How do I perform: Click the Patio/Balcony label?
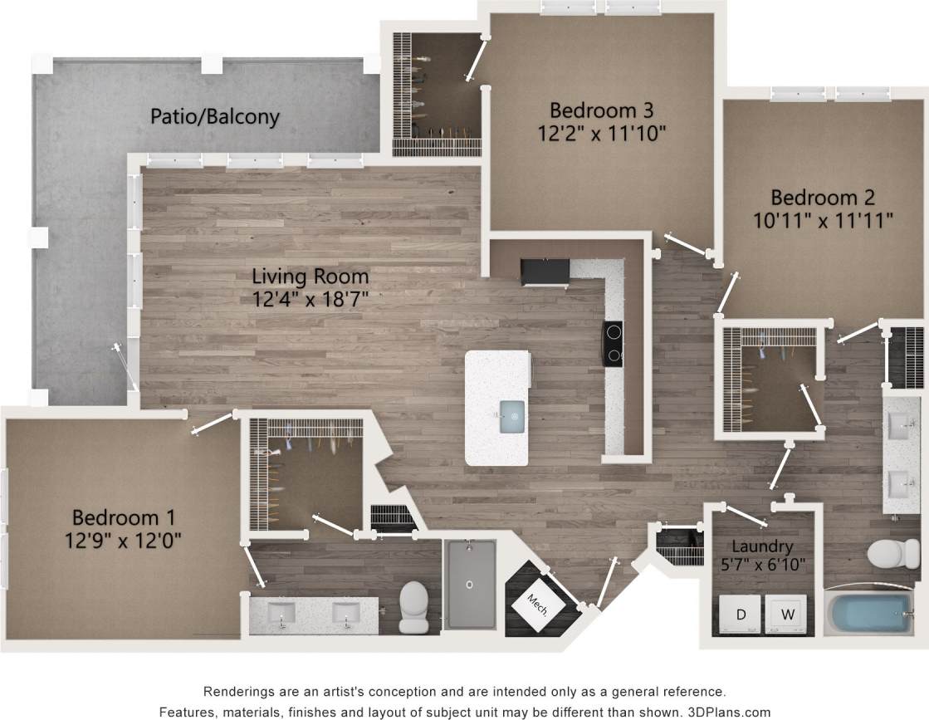tap(214, 116)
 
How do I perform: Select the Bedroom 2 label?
tap(824, 198)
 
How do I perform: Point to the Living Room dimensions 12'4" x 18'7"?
tap(310, 298)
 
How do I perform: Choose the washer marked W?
tap(786, 615)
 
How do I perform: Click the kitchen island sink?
tap(513, 412)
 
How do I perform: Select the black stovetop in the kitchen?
tap(613, 343)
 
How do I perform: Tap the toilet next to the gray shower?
tap(413, 604)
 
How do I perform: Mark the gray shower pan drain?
tap(471, 585)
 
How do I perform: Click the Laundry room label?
tap(762, 546)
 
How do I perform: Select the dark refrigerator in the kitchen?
tap(545, 271)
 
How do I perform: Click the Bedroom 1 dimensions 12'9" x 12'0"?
tap(124, 540)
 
